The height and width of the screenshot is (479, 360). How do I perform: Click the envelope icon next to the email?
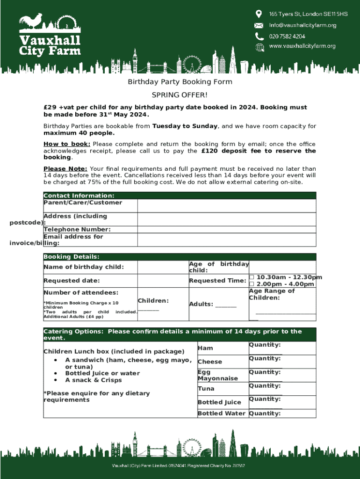click(x=259, y=25)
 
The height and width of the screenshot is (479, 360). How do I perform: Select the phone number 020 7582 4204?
click(x=287, y=36)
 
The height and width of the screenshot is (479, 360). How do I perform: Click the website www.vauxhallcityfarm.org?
click(x=302, y=46)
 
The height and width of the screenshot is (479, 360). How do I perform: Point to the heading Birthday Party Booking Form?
click(x=180, y=82)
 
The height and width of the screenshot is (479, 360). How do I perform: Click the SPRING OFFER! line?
click(x=180, y=95)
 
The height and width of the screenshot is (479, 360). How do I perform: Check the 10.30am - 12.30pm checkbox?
click(x=252, y=277)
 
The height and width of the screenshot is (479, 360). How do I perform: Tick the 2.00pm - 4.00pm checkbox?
click(x=252, y=284)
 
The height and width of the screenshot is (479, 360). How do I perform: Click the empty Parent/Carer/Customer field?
click(x=227, y=206)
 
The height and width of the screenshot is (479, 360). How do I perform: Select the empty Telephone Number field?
click(x=227, y=229)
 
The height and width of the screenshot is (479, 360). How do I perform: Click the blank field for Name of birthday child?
click(x=163, y=267)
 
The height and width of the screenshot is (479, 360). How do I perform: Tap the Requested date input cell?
click(x=163, y=281)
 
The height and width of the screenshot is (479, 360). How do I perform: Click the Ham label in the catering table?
click(x=205, y=348)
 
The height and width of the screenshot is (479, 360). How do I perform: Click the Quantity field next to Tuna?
click(x=282, y=389)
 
